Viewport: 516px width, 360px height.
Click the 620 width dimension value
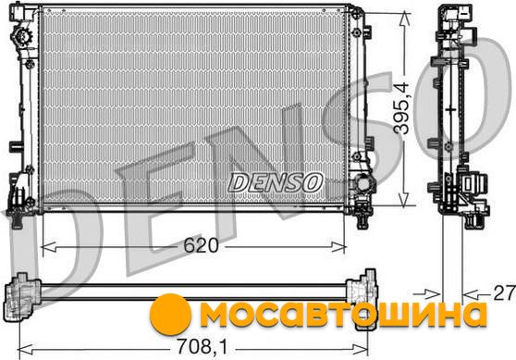pos(201,245)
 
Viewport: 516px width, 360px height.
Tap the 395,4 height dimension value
pos(402,108)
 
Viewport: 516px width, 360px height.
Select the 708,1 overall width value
pos(203,347)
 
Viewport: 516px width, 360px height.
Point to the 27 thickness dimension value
pos(503,292)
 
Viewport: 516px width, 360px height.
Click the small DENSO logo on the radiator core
pos(276,182)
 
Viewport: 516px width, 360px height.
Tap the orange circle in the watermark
pos(170,315)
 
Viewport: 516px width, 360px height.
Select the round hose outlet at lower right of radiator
pos(363,183)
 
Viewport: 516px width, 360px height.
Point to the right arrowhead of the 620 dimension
pos(338,247)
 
